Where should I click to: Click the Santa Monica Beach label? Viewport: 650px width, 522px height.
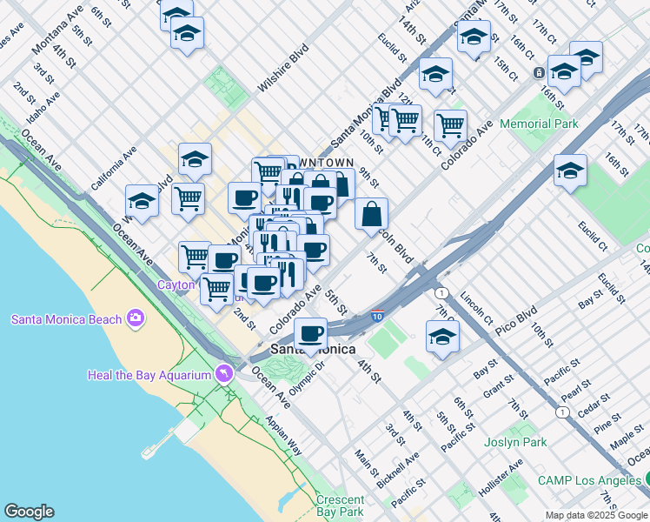(x=66, y=318)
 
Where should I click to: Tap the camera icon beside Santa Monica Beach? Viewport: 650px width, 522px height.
(x=135, y=318)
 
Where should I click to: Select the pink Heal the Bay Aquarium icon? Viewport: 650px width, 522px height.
(x=225, y=374)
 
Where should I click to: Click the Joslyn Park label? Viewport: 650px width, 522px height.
(x=516, y=442)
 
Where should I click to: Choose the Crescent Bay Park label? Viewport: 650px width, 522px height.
(x=339, y=505)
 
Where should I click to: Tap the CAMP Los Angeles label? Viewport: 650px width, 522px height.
(x=589, y=480)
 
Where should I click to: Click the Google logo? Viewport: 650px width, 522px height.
(x=29, y=512)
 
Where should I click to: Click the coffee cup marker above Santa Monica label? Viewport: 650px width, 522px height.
(x=310, y=332)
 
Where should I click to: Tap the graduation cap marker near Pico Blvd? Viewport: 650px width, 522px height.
(x=442, y=336)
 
